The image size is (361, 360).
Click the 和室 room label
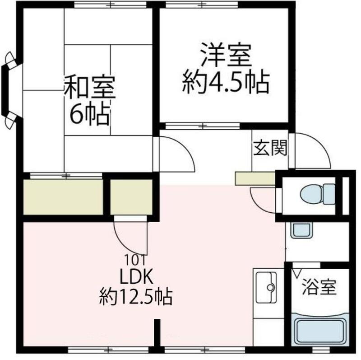click(x=90, y=89)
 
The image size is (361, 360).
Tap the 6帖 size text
click(x=89, y=116)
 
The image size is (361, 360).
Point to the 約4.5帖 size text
click(x=225, y=83)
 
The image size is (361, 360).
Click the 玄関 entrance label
click(x=270, y=148)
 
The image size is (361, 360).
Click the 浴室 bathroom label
click(x=319, y=287)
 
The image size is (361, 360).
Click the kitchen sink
click(x=268, y=287)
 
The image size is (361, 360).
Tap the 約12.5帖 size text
click(x=135, y=296)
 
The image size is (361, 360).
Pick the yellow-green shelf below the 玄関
click(x=255, y=179)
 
